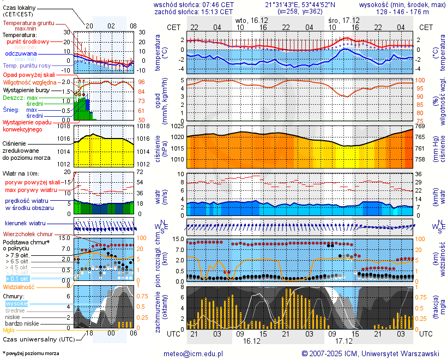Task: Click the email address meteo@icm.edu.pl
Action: pyautogui.click(x=193, y=353)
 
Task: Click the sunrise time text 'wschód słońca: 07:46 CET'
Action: pyautogui.click(x=194, y=4)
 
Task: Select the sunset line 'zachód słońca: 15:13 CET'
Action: pyautogui.click(x=194, y=11)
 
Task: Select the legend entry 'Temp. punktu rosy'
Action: pyautogui.click(x=27, y=65)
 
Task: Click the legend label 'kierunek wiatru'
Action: pyautogui.click(x=25, y=224)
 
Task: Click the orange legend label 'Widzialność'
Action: pyautogui.click(x=19, y=286)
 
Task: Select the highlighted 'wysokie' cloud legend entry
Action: pyautogui.click(x=16, y=303)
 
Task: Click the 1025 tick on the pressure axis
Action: pyautogui.click(x=176, y=127)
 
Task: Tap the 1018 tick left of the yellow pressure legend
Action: pyautogui.click(x=64, y=126)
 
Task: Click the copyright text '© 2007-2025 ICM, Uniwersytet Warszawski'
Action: pyautogui.click(x=371, y=353)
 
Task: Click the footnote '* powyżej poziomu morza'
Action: pyautogui.click(x=31, y=353)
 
